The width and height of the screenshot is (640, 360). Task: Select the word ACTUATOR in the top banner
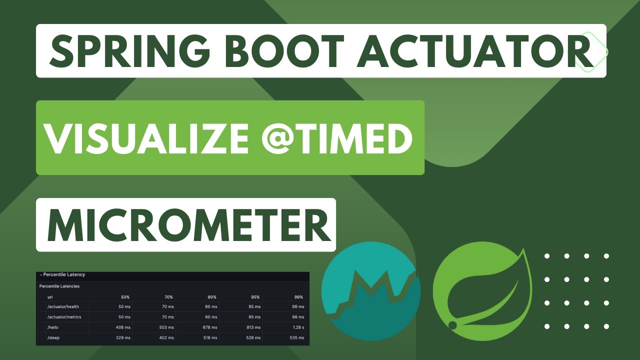coord(475,51)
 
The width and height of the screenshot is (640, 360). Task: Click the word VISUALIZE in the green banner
coord(145,137)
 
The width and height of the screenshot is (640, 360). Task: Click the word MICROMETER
coord(188,224)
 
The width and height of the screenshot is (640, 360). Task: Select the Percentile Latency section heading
coord(64,274)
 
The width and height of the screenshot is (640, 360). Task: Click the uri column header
coord(50,297)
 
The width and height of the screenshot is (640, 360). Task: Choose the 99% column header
coord(298,297)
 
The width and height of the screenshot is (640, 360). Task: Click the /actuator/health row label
coord(62,306)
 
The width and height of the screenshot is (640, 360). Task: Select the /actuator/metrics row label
coord(64,317)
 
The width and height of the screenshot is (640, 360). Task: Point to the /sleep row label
coord(53,338)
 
